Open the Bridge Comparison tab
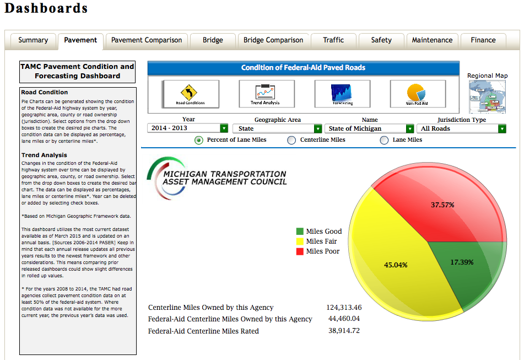click(x=273, y=40)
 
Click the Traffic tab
click(x=333, y=40)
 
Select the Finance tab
click(x=483, y=40)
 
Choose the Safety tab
click(x=381, y=40)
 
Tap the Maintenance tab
click(x=433, y=40)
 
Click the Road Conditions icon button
click(x=190, y=94)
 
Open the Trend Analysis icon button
click(x=266, y=94)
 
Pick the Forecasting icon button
click(x=342, y=94)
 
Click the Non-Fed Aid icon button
click(x=417, y=94)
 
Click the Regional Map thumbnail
click(x=487, y=96)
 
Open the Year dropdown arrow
click(x=224, y=128)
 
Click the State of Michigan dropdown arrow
click(x=409, y=128)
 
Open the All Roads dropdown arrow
click(x=502, y=128)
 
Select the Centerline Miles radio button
click(x=291, y=141)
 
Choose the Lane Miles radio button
click(x=384, y=141)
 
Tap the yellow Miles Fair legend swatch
click(x=300, y=241)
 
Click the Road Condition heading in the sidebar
click(x=45, y=93)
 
